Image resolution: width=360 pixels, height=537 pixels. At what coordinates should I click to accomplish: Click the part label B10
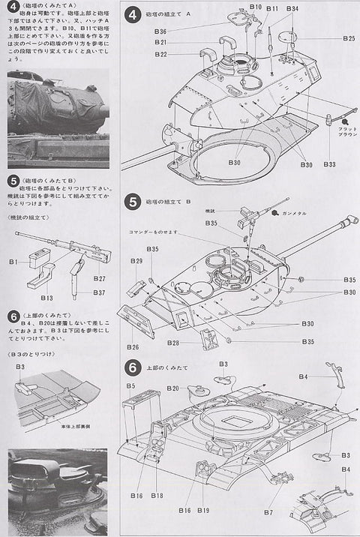(256, 7)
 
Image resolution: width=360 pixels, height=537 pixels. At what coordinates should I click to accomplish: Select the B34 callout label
(292, 9)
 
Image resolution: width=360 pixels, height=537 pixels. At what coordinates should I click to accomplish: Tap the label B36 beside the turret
(160, 31)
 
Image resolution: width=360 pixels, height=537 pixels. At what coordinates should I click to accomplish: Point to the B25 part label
(348, 37)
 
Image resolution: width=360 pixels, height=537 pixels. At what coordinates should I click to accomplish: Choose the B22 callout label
(160, 54)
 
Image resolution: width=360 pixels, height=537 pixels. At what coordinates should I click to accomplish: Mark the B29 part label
(136, 261)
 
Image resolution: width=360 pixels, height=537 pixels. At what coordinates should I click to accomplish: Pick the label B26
(133, 347)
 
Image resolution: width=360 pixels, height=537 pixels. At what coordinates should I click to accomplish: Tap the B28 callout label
(172, 343)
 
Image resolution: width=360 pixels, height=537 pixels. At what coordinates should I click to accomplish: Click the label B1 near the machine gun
(13, 262)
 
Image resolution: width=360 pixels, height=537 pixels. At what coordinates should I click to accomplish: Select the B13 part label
(46, 297)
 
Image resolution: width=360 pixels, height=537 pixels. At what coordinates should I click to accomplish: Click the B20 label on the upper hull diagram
(173, 388)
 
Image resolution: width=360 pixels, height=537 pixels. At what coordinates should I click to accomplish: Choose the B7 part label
(268, 512)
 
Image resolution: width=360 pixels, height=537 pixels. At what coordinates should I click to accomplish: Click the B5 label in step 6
(130, 386)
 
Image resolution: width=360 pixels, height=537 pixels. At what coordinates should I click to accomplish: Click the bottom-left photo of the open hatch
(57, 491)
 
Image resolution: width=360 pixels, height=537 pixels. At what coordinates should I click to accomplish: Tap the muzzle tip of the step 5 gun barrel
(349, 219)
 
